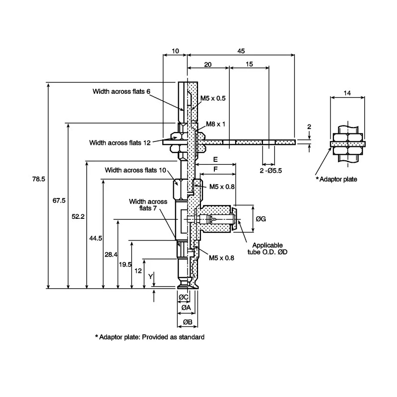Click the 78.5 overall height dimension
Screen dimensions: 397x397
pyautogui.click(x=39, y=179)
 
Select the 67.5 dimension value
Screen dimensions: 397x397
pyautogui.click(x=59, y=200)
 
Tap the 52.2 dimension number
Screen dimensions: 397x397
pyautogui.click(x=78, y=217)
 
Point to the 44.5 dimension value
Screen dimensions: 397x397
pyautogui.click(x=96, y=238)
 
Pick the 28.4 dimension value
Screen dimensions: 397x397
pyautogui.click(x=111, y=255)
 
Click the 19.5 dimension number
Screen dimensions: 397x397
pyautogui.click(x=126, y=265)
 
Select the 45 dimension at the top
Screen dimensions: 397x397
pyautogui.click(x=241, y=51)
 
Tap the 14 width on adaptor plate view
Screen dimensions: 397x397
pyautogui.click(x=347, y=93)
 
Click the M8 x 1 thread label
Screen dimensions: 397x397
pyautogui.click(x=215, y=124)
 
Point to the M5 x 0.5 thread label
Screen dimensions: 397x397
pyautogui.click(x=213, y=98)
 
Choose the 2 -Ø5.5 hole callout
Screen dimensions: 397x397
pyautogui.click(x=270, y=171)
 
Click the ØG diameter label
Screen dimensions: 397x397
pyautogui.click(x=261, y=219)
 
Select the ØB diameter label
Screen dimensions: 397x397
pyautogui.click(x=188, y=322)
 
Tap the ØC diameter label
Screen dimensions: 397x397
pyautogui.click(x=183, y=297)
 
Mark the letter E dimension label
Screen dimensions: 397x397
pyautogui.click(x=215, y=159)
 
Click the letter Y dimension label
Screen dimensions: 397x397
pyautogui.click(x=151, y=276)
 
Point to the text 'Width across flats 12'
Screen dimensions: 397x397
pyautogui.click(x=120, y=143)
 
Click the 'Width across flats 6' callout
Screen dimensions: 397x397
pyautogui.click(x=122, y=91)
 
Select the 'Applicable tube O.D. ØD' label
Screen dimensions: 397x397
pyautogui.click(x=267, y=249)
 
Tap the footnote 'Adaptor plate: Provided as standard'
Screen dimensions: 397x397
pyautogui.click(x=150, y=337)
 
